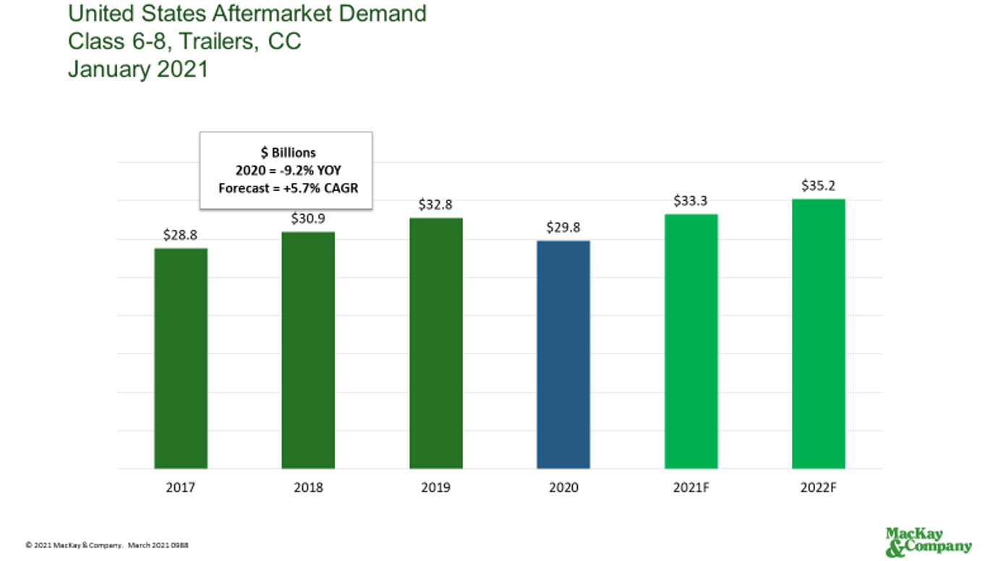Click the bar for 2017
click(181, 359)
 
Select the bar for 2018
click(308, 351)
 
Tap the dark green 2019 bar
click(436, 343)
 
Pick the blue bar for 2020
click(563, 355)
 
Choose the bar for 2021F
click(691, 341)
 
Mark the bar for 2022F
click(819, 334)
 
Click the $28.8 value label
click(181, 235)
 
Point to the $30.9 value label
click(308, 218)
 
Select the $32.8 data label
click(436, 205)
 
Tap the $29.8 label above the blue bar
click(563, 227)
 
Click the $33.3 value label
click(691, 201)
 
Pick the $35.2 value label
click(819, 186)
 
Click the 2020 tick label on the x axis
click(563, 488)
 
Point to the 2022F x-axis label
click(819, 488)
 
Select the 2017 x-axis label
click(181, 488)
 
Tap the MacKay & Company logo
click(929, 542)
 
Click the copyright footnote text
click(107, 545)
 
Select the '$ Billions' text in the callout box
click(286, 153)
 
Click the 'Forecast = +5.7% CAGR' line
click(286, 188)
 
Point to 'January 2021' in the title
click(138, 69)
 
